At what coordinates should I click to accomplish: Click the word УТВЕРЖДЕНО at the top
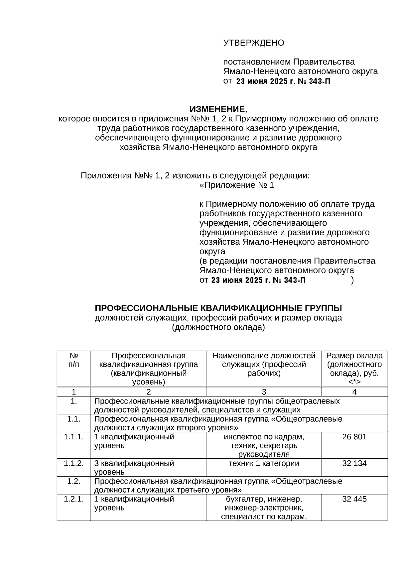(x=253, y=43)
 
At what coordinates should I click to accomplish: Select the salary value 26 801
(x=354, y=437)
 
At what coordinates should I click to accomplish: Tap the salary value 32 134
(x=354, y=463)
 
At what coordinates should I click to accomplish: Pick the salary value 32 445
(x=354, y=499)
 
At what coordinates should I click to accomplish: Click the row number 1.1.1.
(x=73, y=437)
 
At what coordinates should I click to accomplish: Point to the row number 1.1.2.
(x=73, y=463)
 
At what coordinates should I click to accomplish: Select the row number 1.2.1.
(x=73, y=499)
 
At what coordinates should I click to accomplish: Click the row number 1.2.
(x=73, y=481)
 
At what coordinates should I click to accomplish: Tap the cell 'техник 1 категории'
(x=264, y=463)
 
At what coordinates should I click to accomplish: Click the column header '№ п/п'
(x=73, y=360)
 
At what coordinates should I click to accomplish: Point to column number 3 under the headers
(x=264, y=392)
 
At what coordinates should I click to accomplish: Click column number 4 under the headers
(x=354, y=392)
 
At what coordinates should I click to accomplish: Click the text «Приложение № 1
(x=237, y=185)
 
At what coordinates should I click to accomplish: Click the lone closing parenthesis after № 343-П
(x=352, y=280)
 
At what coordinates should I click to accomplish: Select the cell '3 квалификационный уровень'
(x=134, y=467)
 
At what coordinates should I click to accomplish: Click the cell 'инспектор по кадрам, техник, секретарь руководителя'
(x=264, y=445)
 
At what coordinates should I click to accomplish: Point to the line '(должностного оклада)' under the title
(x=218, y=328)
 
